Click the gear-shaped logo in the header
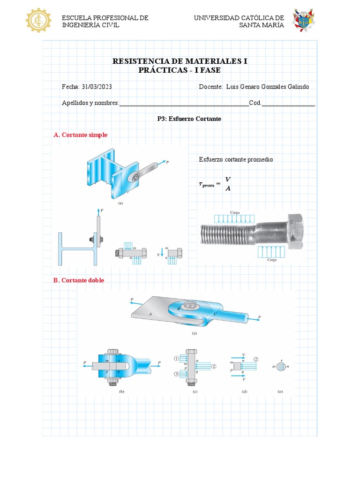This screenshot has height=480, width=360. (x=38, y=20)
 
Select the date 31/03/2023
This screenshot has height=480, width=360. (x=97, y=87)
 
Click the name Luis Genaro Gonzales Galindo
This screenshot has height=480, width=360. (x=267, y=87)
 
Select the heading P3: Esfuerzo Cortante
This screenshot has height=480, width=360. (x=189, y=119)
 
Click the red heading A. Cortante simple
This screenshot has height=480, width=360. (x=81, y=135)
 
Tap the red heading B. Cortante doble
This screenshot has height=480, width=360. (x=79, y=280)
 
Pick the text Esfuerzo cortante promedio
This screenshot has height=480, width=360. (x=236, y=159)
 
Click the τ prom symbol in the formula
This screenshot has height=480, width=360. (x=207, y=185)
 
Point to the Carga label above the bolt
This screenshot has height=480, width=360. (x=235, y=212)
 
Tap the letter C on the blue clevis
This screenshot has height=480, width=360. (x=215, y=314)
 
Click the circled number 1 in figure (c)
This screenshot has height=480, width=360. (x=177, y=359)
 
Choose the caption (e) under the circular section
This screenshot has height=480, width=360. (x=280, y=391)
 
